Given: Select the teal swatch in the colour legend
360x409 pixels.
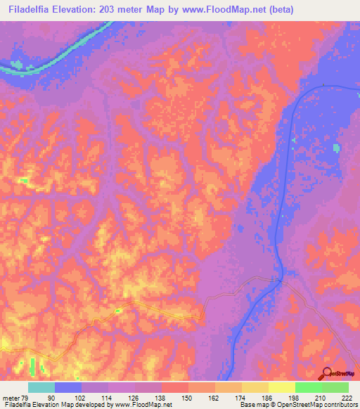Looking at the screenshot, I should coord(41,388).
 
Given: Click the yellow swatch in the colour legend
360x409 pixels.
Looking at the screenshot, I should coord(281,388).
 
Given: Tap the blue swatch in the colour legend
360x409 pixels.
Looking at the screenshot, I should coord(68,388).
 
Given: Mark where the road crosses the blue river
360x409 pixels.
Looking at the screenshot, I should coord(280,282).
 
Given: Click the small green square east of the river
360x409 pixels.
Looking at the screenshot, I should coord(335,148).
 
